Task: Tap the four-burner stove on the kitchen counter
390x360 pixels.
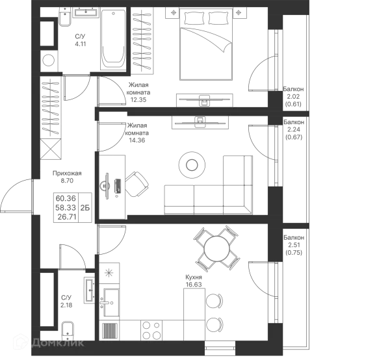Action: pyautogui.click(x=110, y=300)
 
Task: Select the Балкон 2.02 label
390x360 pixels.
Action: pyautogui.click(x=294, y=96)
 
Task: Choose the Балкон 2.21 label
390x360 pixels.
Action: pyautogui.click(x=294, y=130)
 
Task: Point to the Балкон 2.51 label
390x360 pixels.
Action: pyautogui.click(x=294, y=246)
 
